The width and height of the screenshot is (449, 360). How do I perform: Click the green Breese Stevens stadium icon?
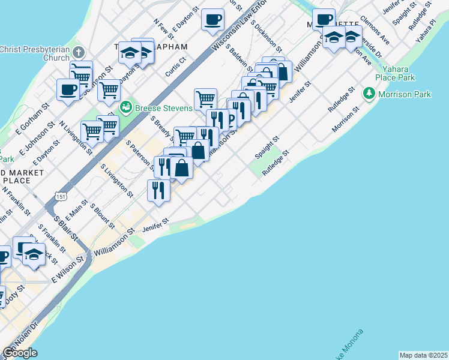click(126, 108)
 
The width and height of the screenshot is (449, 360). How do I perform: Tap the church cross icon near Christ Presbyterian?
click(79, 53)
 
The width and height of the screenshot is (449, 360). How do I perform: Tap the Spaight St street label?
click(267, 147)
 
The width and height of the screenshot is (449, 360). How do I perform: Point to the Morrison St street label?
click(345, 121)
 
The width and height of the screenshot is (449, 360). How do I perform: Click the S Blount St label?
click(102, 217)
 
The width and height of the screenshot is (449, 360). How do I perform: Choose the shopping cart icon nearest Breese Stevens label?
click(205, 98)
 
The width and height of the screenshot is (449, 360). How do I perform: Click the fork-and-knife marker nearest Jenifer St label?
click(158, 190)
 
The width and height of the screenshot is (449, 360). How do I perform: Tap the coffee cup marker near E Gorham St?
click(68, 90)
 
